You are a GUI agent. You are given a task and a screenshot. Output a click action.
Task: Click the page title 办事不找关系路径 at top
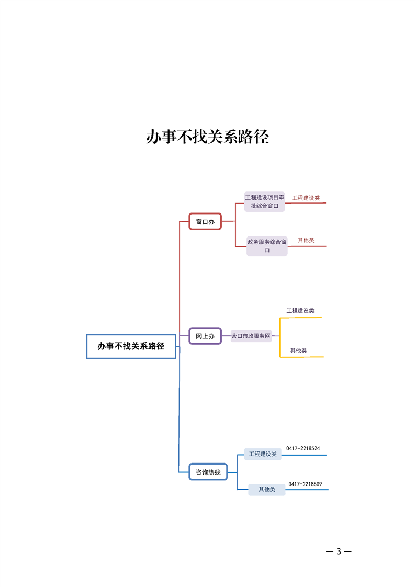(x=207, y=138)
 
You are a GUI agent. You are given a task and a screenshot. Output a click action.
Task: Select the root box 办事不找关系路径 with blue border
(x=131, y=346)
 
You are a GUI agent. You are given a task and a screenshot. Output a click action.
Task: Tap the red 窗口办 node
(x=205, y=222)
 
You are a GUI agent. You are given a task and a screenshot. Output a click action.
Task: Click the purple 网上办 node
(x=205, y=336)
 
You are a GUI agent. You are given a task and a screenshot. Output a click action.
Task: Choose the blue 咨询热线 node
(x=208, y=472)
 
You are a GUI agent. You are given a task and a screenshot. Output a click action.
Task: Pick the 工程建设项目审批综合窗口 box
(x=265, y=201)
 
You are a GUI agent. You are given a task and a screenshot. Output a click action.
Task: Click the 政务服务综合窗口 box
(x=267, y=246)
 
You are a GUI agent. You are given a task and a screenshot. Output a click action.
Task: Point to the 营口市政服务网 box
(x=251, y=336)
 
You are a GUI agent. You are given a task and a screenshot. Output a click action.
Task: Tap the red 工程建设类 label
(x=306, y=198)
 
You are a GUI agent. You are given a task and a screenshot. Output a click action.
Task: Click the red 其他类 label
(x=306, y=240)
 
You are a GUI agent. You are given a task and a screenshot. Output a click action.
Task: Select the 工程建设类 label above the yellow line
(x=300, y=311)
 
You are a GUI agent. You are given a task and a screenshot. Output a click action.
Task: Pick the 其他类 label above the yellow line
(x=299, y=351)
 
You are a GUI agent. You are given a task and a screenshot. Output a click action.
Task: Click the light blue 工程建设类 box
(x=263, y=454)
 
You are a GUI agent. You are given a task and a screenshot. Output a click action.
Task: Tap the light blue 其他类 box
(x=267, y=489)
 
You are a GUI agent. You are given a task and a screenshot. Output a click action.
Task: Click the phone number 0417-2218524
(x=303, y=448)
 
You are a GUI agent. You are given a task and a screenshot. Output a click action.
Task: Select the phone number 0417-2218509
(x=305, y=484)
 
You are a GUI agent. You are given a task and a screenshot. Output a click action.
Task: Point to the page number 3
(x=339, y=551)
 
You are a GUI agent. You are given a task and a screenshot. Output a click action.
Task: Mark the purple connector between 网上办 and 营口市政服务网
(x=226, y=336)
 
